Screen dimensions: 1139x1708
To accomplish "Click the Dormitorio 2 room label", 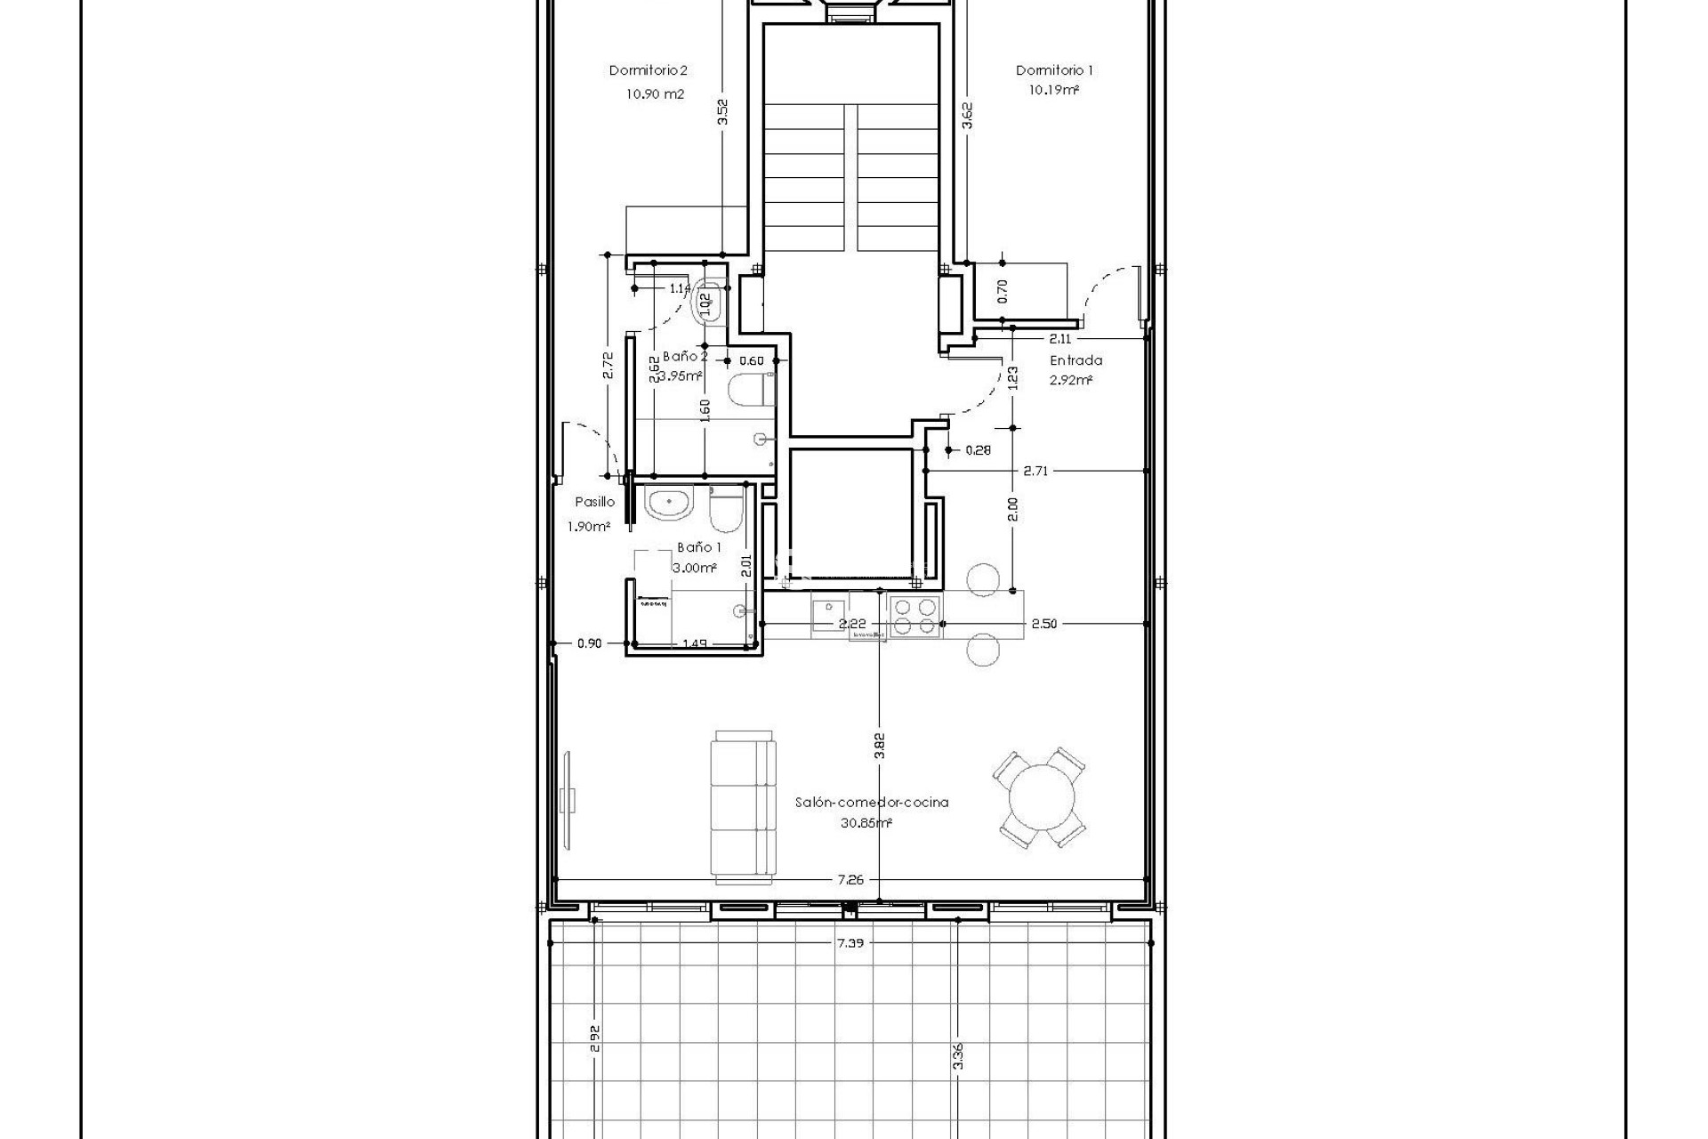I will (648, 70).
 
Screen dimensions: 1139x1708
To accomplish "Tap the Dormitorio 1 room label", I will (1054, 70).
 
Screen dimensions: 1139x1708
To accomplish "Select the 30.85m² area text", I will (866, 823).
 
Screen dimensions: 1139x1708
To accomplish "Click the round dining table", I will (1040, 797).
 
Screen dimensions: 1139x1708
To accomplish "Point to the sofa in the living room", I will (743, 807).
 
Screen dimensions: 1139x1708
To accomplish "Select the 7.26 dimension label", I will (850, 879).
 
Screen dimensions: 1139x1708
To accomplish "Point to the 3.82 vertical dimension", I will (879, 745).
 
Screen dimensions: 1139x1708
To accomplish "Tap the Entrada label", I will (1076, 360).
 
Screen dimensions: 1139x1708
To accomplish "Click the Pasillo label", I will (594, 502).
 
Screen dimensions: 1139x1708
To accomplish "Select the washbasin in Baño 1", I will (668, 505).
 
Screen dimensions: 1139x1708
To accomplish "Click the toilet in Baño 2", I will (747, 391).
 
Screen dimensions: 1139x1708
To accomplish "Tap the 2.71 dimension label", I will (1035, 471).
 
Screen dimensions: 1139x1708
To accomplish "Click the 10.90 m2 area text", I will (655, 93).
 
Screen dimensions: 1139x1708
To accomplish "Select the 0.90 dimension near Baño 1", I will (589, 643).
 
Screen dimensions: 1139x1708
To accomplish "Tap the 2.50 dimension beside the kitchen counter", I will (1043, 624).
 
